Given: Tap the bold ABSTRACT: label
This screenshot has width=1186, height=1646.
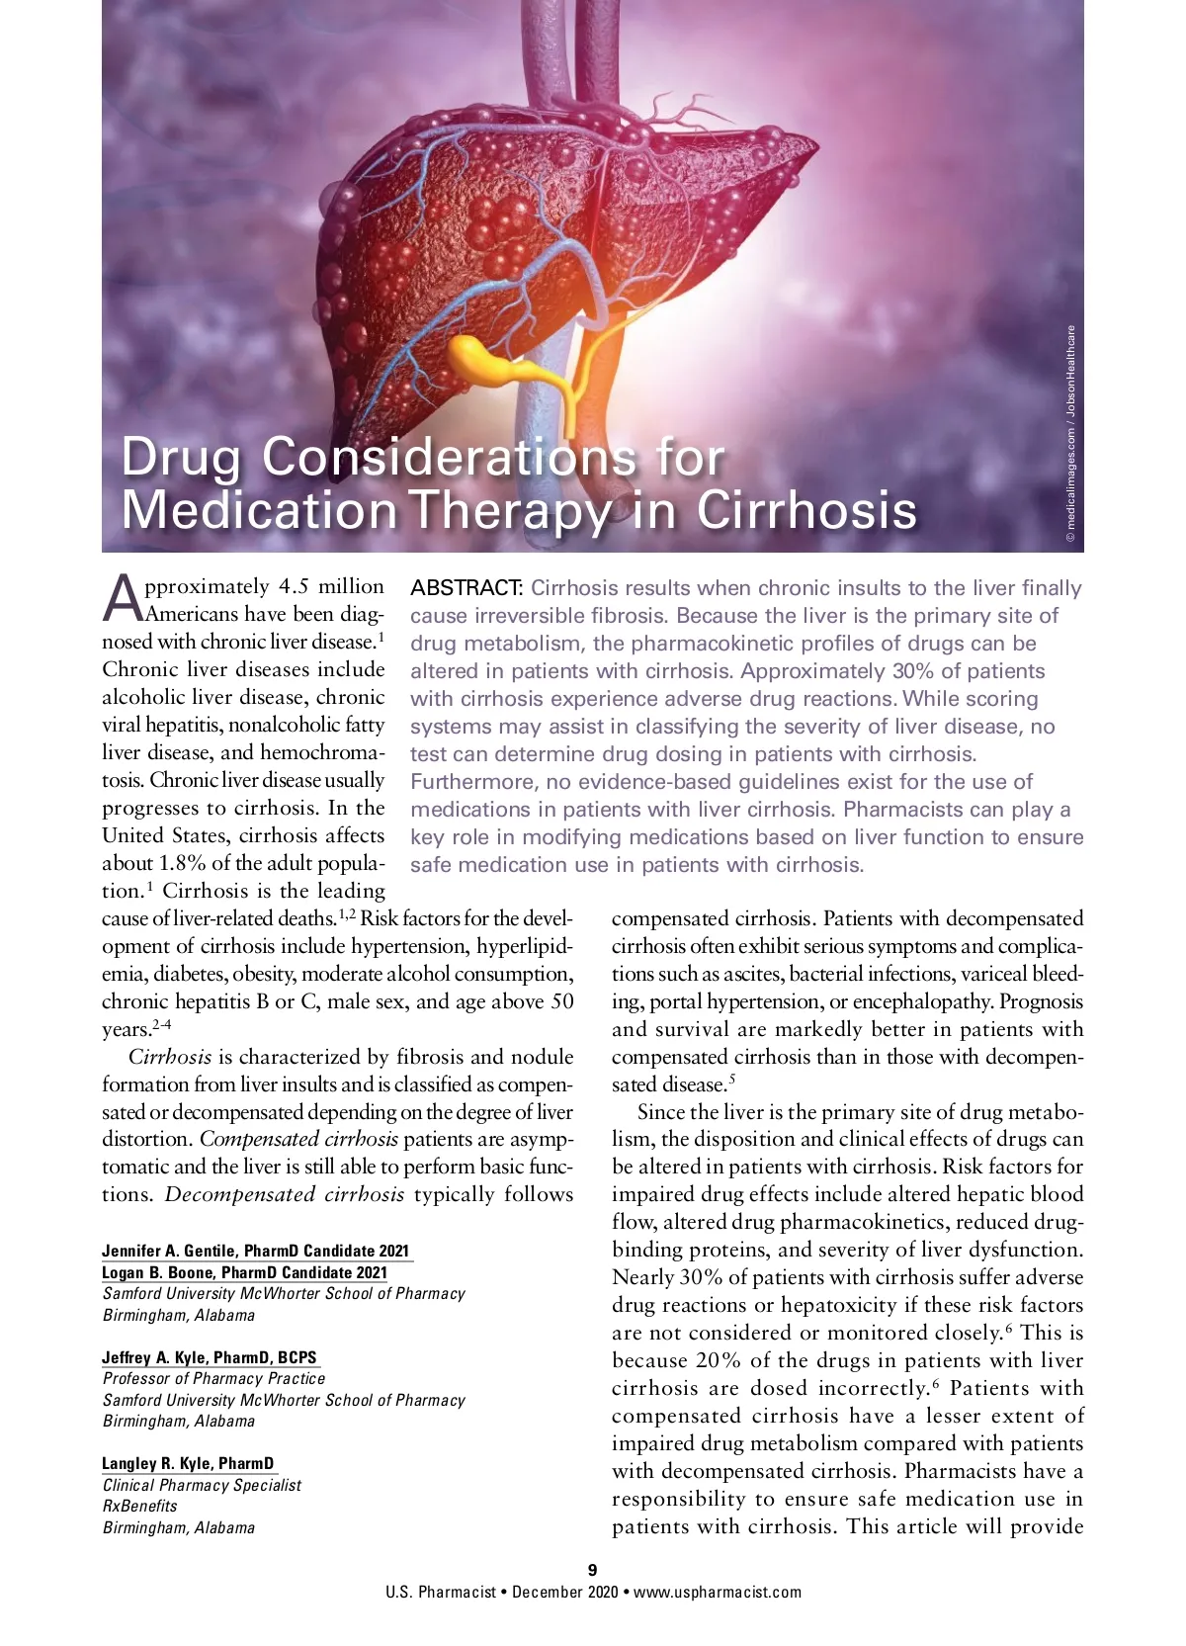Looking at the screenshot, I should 466,588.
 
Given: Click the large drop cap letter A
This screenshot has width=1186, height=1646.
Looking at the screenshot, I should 121,597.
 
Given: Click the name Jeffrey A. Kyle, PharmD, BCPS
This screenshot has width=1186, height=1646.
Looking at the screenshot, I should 210,1357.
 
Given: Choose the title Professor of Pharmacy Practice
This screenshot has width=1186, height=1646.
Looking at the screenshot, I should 213,1378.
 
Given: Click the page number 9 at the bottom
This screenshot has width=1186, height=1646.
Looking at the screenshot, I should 593,1570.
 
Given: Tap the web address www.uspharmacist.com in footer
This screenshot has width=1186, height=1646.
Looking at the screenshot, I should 718,1592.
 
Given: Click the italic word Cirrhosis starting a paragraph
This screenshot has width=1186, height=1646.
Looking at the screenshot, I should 170,1057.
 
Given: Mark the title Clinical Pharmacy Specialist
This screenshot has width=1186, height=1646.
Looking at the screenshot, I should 202,1485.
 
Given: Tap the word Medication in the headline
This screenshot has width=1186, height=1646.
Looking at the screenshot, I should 259,510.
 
